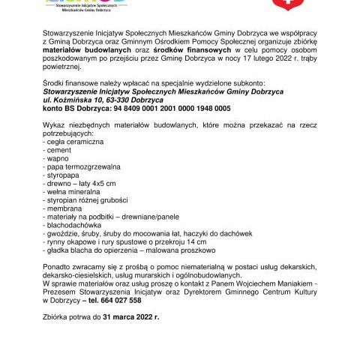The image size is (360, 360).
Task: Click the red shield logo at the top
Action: pyautogui.click(x=282, y=4)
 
